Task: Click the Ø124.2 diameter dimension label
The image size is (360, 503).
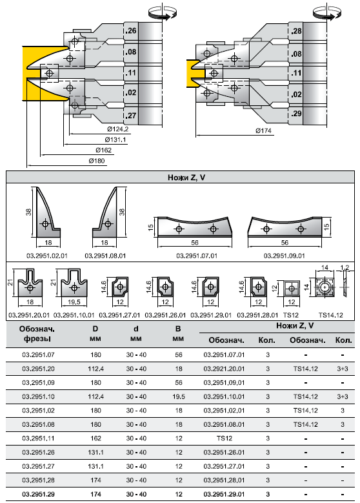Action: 117,129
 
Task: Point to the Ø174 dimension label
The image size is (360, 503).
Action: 263,130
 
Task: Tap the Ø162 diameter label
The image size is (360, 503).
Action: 103,150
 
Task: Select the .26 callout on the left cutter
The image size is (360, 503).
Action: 131,31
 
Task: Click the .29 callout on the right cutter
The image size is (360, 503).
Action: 296,113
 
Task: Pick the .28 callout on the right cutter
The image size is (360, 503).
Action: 296,31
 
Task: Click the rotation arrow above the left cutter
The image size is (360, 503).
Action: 163,14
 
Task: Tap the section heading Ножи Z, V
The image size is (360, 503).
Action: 186,178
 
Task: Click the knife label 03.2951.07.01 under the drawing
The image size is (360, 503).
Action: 197,256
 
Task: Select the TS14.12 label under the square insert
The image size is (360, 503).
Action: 330,315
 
